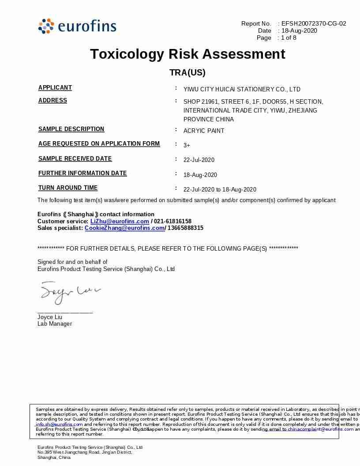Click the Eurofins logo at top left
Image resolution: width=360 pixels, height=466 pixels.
point(77,26)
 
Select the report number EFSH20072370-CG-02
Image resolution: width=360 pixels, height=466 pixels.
point(314,23)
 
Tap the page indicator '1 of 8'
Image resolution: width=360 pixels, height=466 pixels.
point(289,38)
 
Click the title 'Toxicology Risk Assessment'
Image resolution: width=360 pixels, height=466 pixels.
point(187,54)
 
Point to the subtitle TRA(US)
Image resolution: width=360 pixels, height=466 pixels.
point(187,73)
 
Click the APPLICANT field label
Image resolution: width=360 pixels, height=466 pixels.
point(55,87)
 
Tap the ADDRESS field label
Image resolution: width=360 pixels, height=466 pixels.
point(52,100)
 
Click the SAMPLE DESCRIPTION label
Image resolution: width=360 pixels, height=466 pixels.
point(71,129)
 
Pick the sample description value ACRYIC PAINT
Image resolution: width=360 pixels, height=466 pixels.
point(204,131)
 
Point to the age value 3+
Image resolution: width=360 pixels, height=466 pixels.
point(187,145)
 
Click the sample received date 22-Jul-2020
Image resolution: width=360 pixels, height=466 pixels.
point(199,160)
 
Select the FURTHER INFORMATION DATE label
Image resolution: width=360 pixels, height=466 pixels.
point(82,173)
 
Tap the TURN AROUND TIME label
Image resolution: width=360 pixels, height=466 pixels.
point(68,188)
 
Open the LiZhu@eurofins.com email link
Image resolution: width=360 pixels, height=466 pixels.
point(120,221)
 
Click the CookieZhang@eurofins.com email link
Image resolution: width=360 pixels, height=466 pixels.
point(124,228)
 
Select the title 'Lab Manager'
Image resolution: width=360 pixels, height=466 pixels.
point(55,324)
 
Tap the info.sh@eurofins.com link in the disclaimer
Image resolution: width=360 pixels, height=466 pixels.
point(59,424)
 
